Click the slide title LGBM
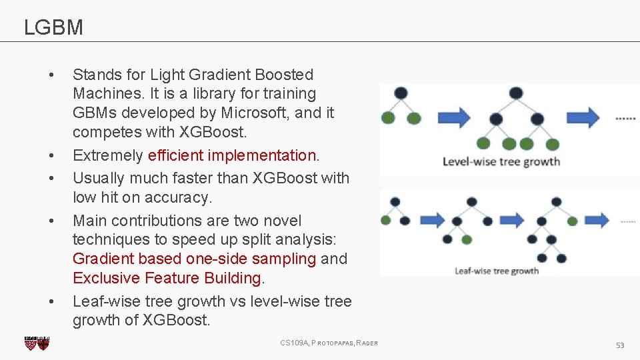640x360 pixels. (x=53, y=27)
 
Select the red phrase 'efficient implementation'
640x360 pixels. (x=231, y=155)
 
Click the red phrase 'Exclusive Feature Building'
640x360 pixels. (x=167, y=278)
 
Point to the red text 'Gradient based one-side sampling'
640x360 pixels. (x=194, y=259)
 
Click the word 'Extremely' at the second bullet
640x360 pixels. (x=107, y=155)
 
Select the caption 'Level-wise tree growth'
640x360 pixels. (x=501, y=161)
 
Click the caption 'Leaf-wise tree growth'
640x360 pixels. (x=497, y=271)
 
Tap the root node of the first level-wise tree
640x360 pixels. (x=401, y=93)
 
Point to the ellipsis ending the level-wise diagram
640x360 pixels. (x=625, y=118)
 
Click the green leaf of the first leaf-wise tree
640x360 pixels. (x=386, y=220)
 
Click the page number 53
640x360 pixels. (x=619, y=345)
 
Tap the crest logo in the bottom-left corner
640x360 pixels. (x=37, y=343)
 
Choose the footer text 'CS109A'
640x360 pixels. (x=294, y=343)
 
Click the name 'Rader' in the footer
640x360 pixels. (x=367, y=343)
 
